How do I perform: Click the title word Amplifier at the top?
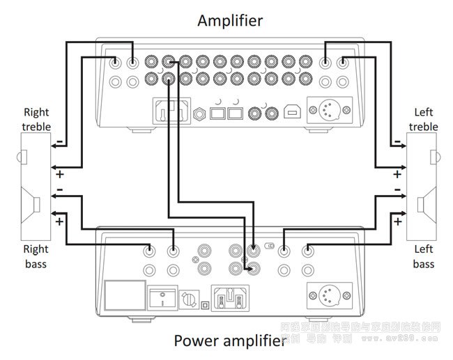click(x=230, y=20)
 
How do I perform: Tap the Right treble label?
click(x=36, y=119)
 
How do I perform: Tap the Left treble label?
click(x=424, y=119)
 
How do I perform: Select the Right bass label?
click(x=36, y=256)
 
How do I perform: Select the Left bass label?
click(x=424, y=256)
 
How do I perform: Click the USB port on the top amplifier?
click(x=289, y=111)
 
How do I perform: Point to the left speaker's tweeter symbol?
click(x=432, y=153)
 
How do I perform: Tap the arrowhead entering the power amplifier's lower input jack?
click(x=248, y=267)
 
